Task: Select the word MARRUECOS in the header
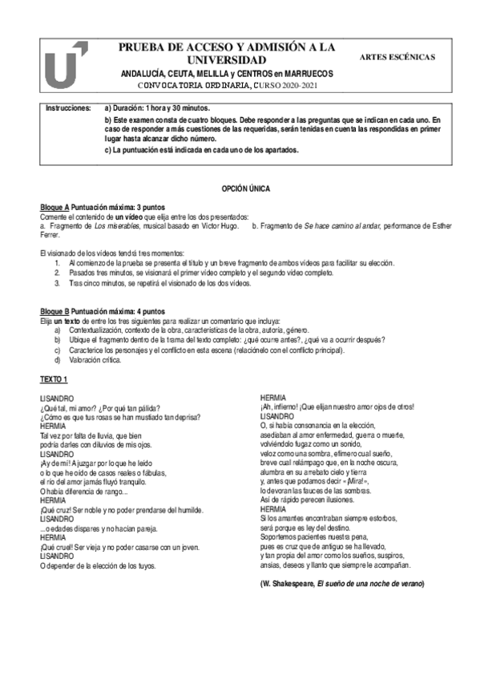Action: click(309, 73)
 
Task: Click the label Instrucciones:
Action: click(67, 107)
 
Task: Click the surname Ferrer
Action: click(50, 235)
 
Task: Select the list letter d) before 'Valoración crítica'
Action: click(58, 361)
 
